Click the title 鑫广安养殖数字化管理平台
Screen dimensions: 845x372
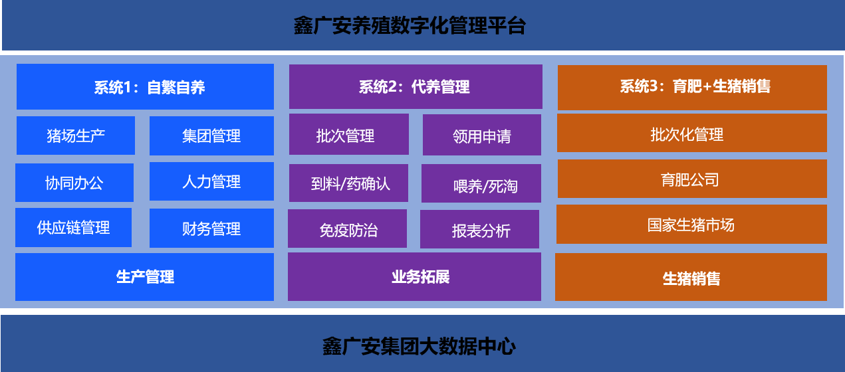tap(410, 26)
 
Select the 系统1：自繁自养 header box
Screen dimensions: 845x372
tap(145, 86)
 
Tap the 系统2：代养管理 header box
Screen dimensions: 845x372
tap(416, 86)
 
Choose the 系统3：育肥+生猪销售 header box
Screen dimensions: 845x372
tap(692, 88)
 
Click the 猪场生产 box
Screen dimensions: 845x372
tap(76, 136)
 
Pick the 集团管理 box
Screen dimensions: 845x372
tap(211, 136)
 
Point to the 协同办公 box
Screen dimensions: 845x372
tap(74, 183)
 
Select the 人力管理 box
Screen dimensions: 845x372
tap(211, 181)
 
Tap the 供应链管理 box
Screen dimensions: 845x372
tap(74, 227)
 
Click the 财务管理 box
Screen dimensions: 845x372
tap(211, 228)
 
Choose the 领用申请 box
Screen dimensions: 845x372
tap(482, 135)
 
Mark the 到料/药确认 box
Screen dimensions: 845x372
tap(348, 183)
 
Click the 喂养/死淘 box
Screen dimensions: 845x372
tap(481, 183)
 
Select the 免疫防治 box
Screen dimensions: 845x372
tap(348, 229)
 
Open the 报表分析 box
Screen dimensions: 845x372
tap(479, 229)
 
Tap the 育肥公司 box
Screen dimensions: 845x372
tap(692, 179)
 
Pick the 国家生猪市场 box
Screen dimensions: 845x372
tap(691, 225)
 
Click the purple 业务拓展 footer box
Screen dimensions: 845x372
tap(414, 276)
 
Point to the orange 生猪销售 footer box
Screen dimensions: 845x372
tap(691, 277)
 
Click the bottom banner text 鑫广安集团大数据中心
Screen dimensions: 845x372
tap(419, 346)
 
